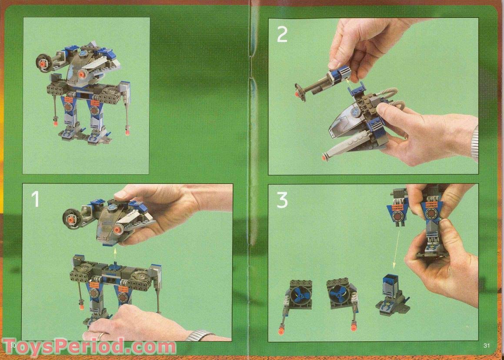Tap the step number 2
coord(282,34)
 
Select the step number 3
coord(282,200)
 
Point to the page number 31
coord(487,346)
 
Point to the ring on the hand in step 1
coord(100,336)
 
